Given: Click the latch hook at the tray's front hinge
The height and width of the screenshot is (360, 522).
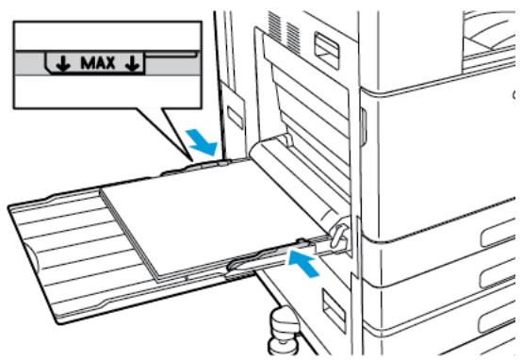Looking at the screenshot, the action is [338, 235].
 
